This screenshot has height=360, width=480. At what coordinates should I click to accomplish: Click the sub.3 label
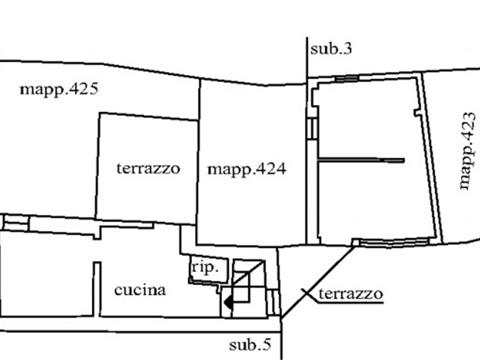pos(331,49)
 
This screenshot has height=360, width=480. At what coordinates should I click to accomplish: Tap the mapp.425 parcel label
pos(58,90)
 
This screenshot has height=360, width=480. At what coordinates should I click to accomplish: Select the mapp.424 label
pos(247,169)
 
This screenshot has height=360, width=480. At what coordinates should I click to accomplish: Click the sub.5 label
pos(250,345)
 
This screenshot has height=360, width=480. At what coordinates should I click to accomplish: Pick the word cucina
pos(140,290)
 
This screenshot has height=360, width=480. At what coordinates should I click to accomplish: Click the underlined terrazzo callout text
pos(350,294)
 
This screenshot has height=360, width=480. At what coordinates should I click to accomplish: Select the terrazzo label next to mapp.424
pos(148,168)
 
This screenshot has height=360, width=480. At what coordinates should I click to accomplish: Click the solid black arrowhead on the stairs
pos(227,304)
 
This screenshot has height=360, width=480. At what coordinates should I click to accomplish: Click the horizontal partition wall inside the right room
pos(361,160)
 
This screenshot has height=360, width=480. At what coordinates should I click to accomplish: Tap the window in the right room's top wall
pos(347,79)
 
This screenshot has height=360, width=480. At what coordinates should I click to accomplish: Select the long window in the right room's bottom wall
pos(393,242)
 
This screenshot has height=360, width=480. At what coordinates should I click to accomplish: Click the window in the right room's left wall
pos(311,128)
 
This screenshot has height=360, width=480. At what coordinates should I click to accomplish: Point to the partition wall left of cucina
pos(94,288)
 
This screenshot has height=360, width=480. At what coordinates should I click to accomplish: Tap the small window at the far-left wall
pos(16,223)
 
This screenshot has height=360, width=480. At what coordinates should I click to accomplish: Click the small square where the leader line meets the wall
pos(355,242)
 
